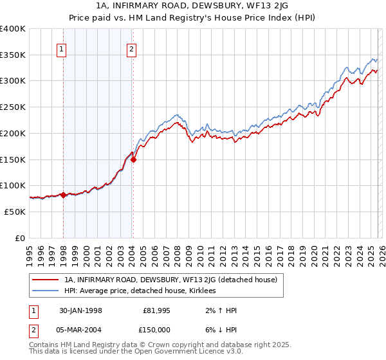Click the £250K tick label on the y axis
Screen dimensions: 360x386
(13, 107)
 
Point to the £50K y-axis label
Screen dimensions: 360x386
(15, 212)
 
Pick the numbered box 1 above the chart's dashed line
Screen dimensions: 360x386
(62, 48)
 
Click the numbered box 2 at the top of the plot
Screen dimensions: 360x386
(131, 48)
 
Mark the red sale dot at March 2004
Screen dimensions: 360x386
(133, 160)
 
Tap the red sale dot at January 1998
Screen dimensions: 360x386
(64, 195)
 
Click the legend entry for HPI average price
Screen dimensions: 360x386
(140, 291)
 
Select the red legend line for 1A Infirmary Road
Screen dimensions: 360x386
(46, 280)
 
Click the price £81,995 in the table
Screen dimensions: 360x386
(157, 310)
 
